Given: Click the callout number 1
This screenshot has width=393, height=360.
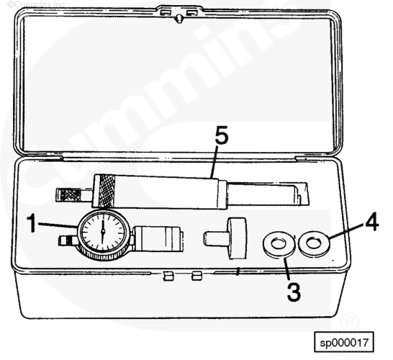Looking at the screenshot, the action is (x=32, y=223).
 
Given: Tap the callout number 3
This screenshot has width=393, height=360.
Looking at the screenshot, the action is (x=294, y=292).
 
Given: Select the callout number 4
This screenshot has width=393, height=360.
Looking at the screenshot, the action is (x=372, y=222).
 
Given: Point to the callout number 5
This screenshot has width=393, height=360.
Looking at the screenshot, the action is (x=222, y=135).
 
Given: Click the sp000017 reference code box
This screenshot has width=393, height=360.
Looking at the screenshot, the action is (x=344, y=342).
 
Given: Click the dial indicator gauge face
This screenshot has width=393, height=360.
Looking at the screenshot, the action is (x=103, y=232).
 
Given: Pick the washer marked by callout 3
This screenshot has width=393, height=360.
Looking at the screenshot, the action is (x=279, y=244).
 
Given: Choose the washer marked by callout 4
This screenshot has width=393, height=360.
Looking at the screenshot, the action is (x=314, y=244).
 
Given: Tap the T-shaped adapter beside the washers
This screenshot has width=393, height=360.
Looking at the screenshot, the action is (x=225, y=238).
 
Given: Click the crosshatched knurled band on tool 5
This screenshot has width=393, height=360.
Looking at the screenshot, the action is (x=107, y=191).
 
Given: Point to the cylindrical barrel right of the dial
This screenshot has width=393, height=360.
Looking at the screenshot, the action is (x=158, y=239).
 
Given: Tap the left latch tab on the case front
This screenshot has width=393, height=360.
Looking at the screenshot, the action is (x=168, y=276).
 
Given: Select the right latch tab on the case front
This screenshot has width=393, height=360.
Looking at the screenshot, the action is (x=196, y=276).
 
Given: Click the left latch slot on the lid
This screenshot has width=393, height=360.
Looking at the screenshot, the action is (x=165, y=12).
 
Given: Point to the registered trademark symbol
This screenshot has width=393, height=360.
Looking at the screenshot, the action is (x=350, y=321).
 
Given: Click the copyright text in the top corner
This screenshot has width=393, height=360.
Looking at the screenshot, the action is (x=36, y=4).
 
